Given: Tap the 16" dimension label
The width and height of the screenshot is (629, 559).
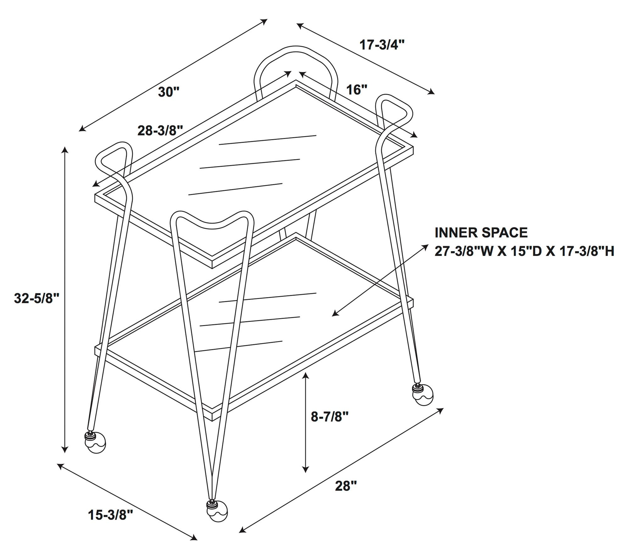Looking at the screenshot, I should [357, 90].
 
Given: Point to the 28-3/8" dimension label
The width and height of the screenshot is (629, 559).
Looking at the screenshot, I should [160, 130].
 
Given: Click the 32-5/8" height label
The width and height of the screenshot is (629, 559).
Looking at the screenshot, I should [37, 298].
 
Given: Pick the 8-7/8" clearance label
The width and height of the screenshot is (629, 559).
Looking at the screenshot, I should [330, 417].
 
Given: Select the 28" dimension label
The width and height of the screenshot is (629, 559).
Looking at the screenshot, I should [346, 486].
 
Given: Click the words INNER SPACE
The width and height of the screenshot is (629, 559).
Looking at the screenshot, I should [481, 233].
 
